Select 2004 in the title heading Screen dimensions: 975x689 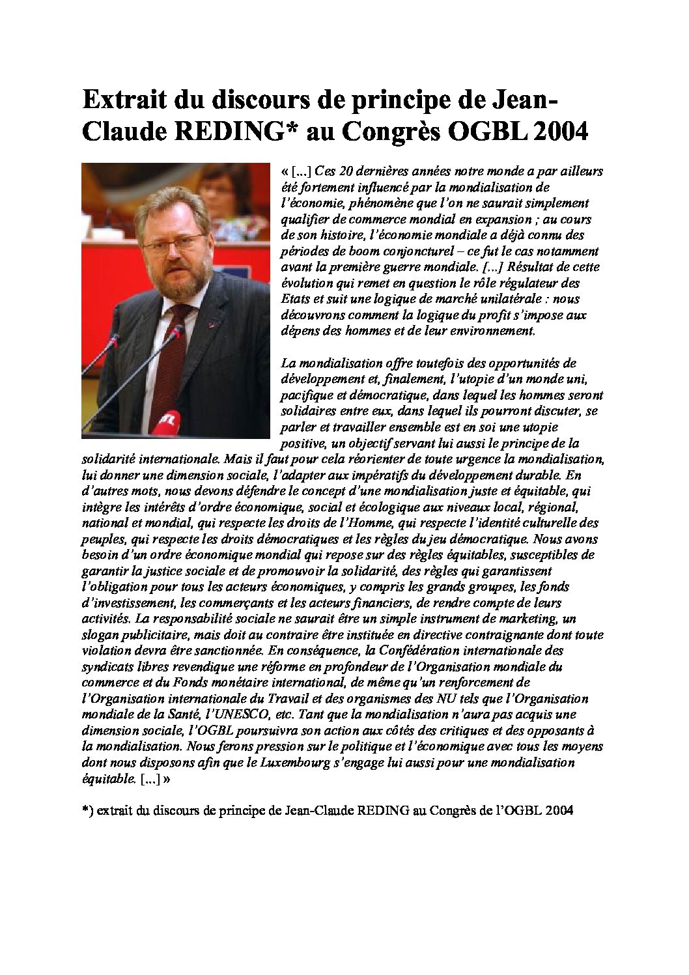click(560, 132)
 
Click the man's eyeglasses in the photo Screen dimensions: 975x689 click(171, 244)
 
